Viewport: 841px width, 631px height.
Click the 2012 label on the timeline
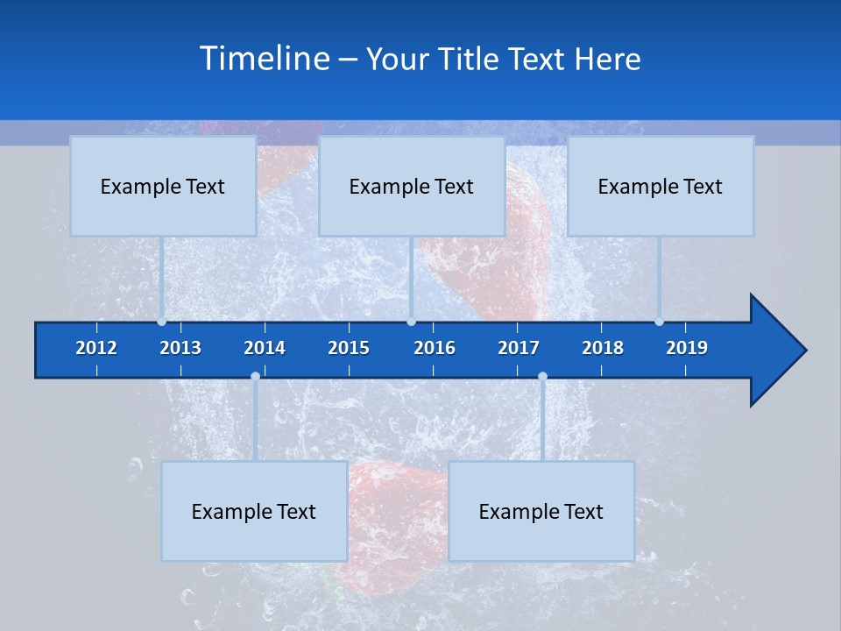[96, 348]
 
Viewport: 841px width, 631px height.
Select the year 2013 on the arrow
[180, 348]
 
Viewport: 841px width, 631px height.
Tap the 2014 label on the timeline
[265, 348]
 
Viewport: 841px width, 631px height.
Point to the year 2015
[349, 348]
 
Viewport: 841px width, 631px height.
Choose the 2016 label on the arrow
[435, 348]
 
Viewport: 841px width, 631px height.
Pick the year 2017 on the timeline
[519, 348]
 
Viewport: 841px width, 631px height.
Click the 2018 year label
[603, 348]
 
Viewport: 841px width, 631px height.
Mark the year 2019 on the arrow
[687, 348]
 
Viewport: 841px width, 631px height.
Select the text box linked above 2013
[163, 186]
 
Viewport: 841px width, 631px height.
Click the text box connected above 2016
[412, 186]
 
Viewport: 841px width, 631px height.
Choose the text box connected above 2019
[661, 186]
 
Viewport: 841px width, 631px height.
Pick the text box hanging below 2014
[254, 511]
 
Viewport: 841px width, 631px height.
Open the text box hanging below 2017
[541, 511]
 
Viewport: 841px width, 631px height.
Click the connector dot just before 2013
[161, 322]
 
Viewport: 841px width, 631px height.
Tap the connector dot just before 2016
[411, 322]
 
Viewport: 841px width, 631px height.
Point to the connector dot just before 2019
[659, 322]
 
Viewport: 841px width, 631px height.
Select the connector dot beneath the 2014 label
[255, 377]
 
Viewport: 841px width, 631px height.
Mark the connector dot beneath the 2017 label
[542, 377]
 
